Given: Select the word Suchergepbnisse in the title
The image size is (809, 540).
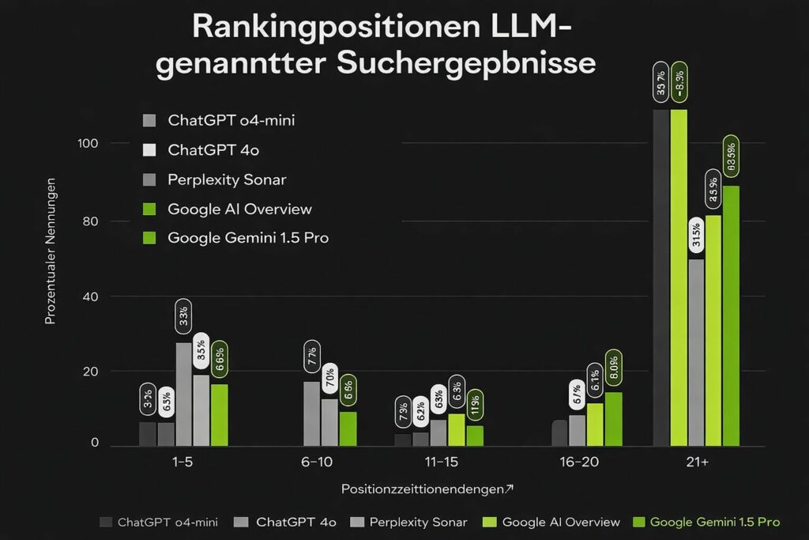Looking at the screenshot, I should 466,63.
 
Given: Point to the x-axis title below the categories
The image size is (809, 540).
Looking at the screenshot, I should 427,489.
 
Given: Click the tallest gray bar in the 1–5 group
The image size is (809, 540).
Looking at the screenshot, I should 183,394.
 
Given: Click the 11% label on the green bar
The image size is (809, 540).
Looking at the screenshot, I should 475,405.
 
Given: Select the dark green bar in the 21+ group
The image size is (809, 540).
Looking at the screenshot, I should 731,315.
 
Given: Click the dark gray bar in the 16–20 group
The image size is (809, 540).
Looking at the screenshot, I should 559,432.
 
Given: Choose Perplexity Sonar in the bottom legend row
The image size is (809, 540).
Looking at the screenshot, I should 418,522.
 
